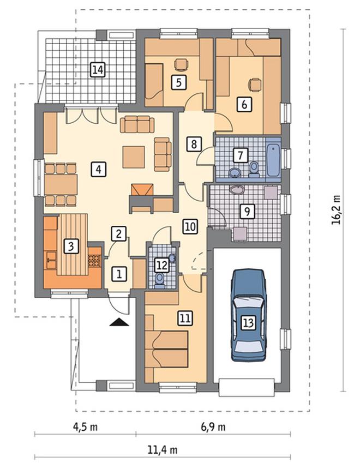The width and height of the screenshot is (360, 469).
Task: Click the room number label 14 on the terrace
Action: (x=98, y=70)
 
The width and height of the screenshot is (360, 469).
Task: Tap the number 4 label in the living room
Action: (x=99, y=170)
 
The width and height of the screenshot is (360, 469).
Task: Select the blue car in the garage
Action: (x=249, y=315)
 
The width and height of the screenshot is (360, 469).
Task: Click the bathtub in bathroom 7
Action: (x=273, y=160)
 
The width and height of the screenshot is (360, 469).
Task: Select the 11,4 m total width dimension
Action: (x=162, y=449)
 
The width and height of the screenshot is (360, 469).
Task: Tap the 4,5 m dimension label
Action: (x=85, y=426)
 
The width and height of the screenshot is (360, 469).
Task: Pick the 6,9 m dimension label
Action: (x=213, y=426)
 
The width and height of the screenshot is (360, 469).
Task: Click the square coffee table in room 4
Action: (x=134, y=157)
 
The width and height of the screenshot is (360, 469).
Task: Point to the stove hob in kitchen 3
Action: (x=94, y=261)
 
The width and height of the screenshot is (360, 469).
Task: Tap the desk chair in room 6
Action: (x=255, y=85)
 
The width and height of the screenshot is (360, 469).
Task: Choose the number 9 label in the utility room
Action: (x=247, y=212)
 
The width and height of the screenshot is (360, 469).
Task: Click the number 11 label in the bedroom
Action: (x=185, y=318)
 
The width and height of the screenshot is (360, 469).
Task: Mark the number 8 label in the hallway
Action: (x=194, y=144)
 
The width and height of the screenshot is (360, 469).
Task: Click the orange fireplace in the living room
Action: (x=142, y=190)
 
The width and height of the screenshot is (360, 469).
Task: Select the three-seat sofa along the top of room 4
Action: (x=137, y=124)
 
